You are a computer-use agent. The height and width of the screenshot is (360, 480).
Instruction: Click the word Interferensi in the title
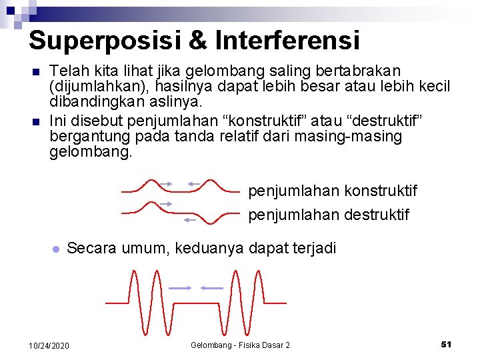click(x=287, y=40)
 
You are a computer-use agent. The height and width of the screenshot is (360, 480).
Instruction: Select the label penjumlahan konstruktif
click(x=333, y=191)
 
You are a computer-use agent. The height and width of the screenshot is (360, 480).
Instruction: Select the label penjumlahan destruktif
click(x=329, y=215)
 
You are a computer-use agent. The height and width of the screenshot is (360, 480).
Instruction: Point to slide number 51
click(x=447, y=344)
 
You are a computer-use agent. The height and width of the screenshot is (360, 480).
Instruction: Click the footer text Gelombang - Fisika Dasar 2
click(x=240, y=345)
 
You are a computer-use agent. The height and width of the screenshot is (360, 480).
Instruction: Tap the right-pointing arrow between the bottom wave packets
click(x=181, y=288)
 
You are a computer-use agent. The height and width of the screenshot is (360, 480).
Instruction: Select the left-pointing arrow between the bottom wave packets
click(x=212, y=288)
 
